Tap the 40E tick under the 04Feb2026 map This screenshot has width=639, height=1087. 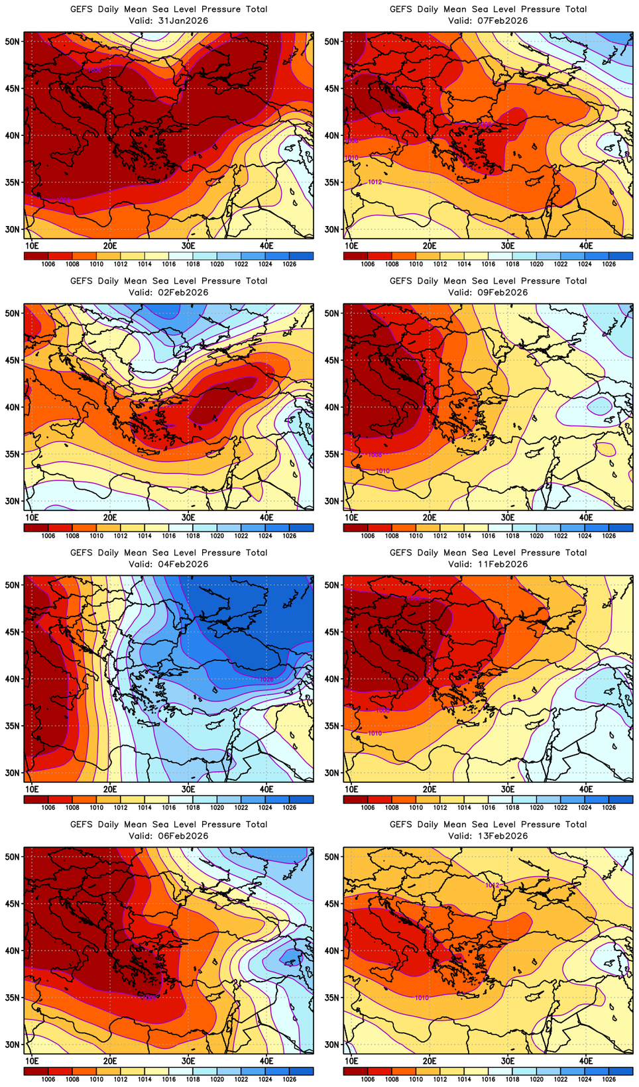pyautogui.click(x=266, y=789)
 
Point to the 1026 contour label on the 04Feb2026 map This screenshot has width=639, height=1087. pyautogui.click(x=266, y=679)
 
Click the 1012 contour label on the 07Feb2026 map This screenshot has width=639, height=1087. pyautogui.click(x=375, y=182)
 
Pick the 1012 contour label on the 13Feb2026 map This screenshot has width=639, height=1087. pyautogui.click(x=492, y=885)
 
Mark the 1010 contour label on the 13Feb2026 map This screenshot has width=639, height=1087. pyautogui.click(x=422, y=998)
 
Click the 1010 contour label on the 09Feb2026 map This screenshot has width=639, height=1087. pyautogui.click(x=382, y=471)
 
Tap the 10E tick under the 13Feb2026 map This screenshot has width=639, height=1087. pyautogui.click(x=351, y=1061)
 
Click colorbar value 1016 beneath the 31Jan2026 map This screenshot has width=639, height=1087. pyautogui.click(x=169, y=264)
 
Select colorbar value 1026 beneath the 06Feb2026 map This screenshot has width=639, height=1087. pyautogui.click(x=290, y=1080)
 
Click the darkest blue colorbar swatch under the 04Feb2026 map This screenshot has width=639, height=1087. pyautogui.click(x=302, y=799)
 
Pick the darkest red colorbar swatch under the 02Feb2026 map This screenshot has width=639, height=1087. pyautogui.click(x=36, y=528)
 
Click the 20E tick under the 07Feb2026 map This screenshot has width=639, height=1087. pyautogui.click(x=430, y=246)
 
